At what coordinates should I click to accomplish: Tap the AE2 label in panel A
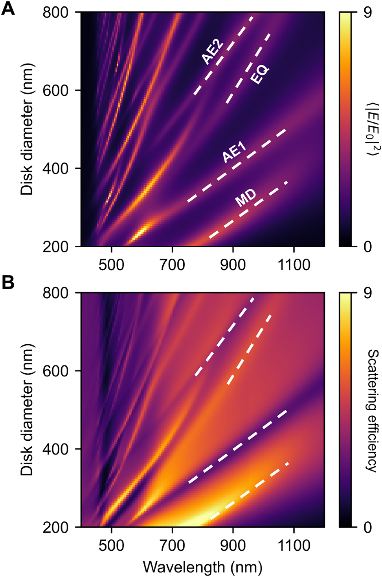(212, 52)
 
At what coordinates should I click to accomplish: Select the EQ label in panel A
(260, 75)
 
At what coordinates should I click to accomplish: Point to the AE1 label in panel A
(234, 152)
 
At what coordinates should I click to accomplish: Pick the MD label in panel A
(246, 198)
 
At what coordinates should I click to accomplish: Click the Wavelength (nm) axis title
(202, 567)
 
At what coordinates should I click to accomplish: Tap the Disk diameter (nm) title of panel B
(27, 410)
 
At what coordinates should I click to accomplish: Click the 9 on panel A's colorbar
(367, 13)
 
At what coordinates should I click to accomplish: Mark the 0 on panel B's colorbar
(367, 527)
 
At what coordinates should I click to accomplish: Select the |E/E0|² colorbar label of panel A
(371, 130)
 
